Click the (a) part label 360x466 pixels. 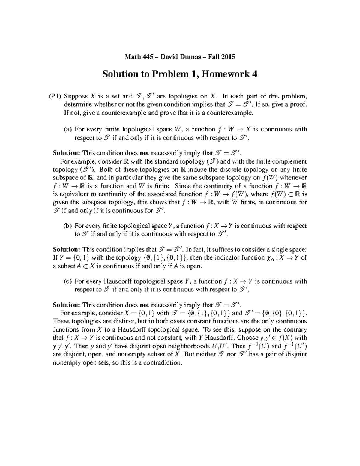pos(68,130)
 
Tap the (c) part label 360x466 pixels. pos(68,281)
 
